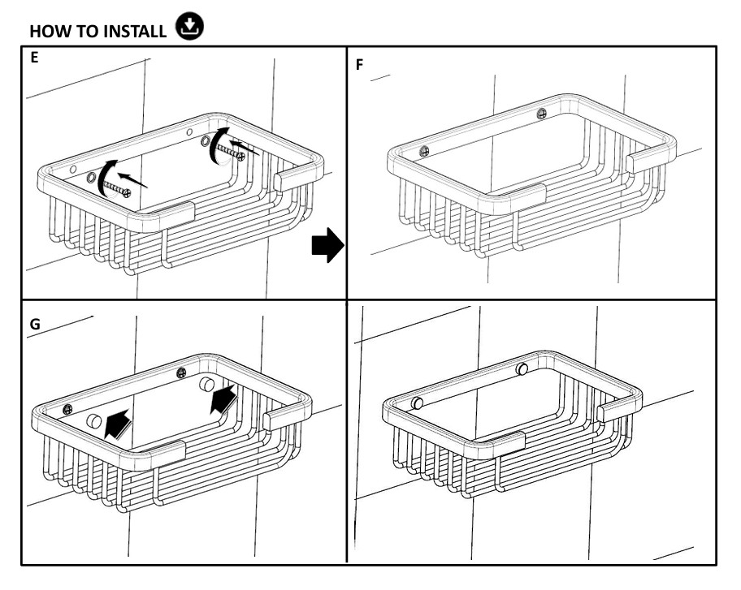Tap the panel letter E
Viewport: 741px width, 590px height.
[x=33, y=58]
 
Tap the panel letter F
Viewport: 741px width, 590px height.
[x=360, y=64]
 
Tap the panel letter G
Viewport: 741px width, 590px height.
[x=35, y=322]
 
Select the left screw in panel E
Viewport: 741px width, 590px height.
[x=119, y=189]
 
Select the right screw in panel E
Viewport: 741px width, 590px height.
[x=236, y=151]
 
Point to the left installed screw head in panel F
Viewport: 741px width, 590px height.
[x=423, y=151]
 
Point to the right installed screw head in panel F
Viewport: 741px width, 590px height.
[x=542, y=113]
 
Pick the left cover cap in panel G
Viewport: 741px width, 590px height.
[x=93, y=420]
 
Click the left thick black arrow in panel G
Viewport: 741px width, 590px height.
[x=119, y=421]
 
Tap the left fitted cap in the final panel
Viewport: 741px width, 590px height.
[x=418, y=403]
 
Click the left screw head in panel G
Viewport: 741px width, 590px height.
[x=68, y=408]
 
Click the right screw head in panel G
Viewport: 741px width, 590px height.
[x=181, y=373]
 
